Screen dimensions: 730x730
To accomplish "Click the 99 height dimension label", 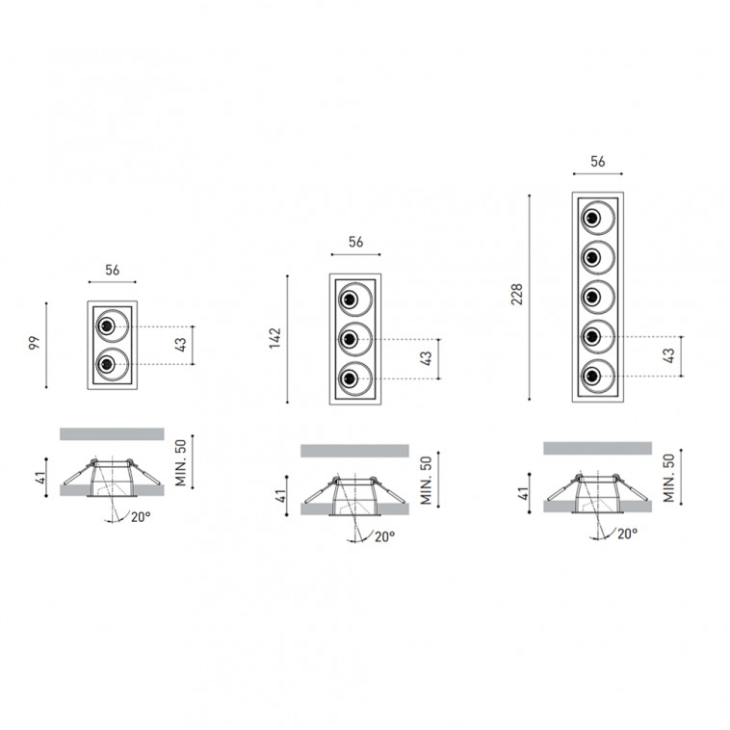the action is pyautogui.click(x=35, y=343).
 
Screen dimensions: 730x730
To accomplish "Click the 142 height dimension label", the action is pyautogui.click(x=275, y=338).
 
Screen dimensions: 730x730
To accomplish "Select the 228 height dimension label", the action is pyautogui.click(x=517, y=295).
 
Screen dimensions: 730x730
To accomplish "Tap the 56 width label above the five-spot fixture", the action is pyautogui.click(x=598, y=162).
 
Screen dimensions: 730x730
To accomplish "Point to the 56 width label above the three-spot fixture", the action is pyautogui.click(x=355, y=242).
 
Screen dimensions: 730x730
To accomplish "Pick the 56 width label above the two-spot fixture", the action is pyautogui.click(x=113, y=270).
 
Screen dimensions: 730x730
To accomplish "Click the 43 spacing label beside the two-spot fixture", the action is pyautogui.click(x=180, y=345).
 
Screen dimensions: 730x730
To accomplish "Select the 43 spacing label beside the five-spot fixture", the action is pyautogui.click(x=668, y=355).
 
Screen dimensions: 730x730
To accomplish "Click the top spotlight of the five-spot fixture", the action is pyautogui.click(x=598, y=218).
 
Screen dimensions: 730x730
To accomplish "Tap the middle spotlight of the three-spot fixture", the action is pyautogui.click(x=355, y=339).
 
